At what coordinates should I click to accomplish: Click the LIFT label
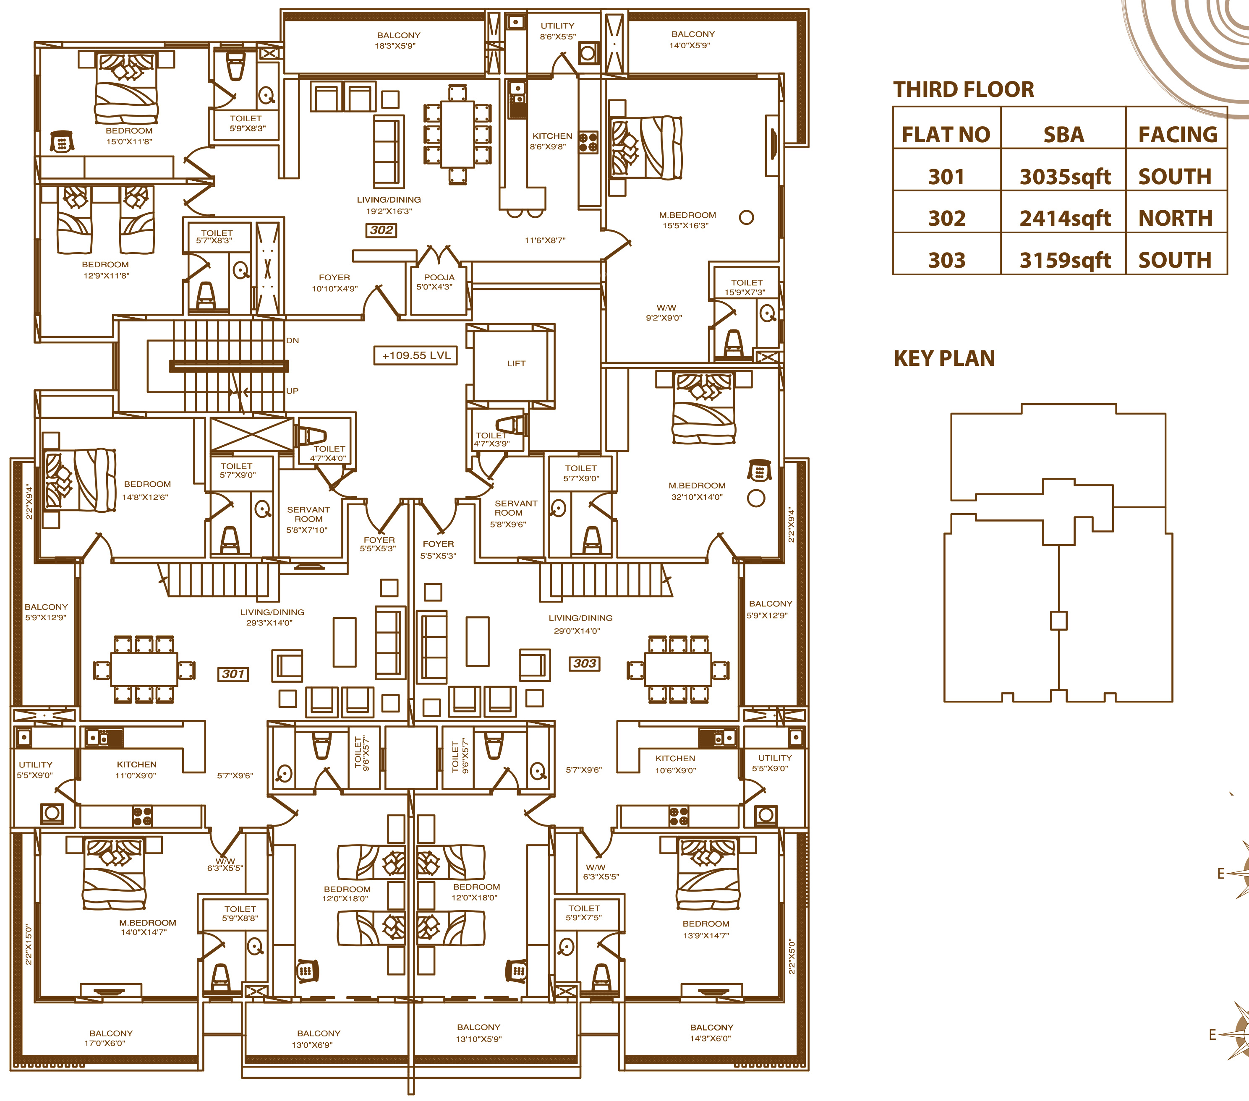pyautogui.click(x=516, y=363)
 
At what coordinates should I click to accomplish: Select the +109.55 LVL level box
pyautogui.click(x=415, y=355)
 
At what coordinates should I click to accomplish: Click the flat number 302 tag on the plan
pyautogui.click(x=381, y=230)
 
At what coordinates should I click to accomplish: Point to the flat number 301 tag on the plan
pyautogui.click(x=233, y=674)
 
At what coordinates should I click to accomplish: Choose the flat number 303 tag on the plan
pyautogui.click(x=585, y=663)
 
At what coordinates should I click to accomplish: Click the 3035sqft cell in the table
pyautogui.click(x=1065, y=177)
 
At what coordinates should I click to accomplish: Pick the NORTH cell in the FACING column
pyautogui.click(x=1175, y=218)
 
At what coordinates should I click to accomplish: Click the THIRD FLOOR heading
pyautogui.click(x=964, y=90)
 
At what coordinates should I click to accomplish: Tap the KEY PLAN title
pyautogui.click(x=944, y=359)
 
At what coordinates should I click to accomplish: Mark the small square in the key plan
pyautogui.click(x=1058, y=621)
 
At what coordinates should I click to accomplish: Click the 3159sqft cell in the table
pyautogui.click(x=1065, y=260)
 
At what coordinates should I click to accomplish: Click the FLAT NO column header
pyautogui.click(x=946, y=134)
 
